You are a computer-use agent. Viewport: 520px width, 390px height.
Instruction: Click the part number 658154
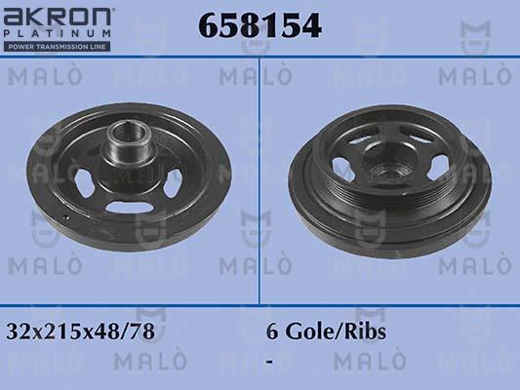pyautogui.click(x=260, y=26)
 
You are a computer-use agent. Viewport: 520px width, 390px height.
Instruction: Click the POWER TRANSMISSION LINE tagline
pyautogui.click(x=59, y=46)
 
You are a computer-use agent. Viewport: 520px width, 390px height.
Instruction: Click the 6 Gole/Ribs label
pyautogui.click(x=326, y=331)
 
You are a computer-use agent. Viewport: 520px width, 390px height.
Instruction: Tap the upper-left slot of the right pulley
pyautogui.click(x=356, y=146)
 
